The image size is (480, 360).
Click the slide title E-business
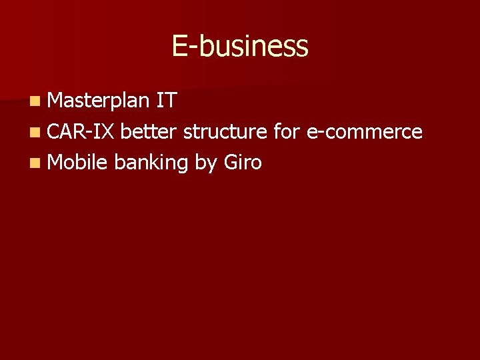tap(240, 47)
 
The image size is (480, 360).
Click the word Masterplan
tap(99, 101)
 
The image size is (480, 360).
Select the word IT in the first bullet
tap(166, 101)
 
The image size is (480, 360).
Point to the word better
tap(149, 131)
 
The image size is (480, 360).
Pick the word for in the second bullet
tap(287, 131)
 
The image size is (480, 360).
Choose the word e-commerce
tap(364, 131)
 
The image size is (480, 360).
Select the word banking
tap(151, 162)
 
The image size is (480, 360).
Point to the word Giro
tap(242, 161)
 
